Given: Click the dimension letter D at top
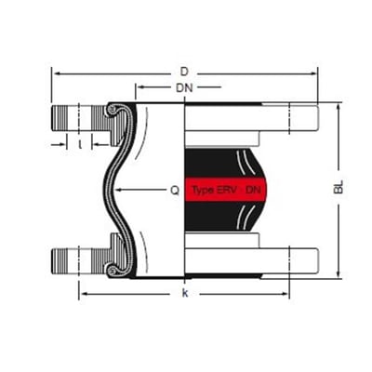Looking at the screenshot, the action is pos(184,72).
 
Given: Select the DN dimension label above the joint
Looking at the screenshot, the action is pos(184,88).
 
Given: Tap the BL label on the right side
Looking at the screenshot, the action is pos(339,187).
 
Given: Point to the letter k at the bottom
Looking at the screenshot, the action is pos(185,293).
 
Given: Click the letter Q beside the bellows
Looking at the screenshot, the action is pos(175,190).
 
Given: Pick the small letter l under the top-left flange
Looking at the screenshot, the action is pos(80,144).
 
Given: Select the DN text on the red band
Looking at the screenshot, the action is pos(253,190).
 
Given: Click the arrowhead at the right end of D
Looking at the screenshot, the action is pos(314,73).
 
